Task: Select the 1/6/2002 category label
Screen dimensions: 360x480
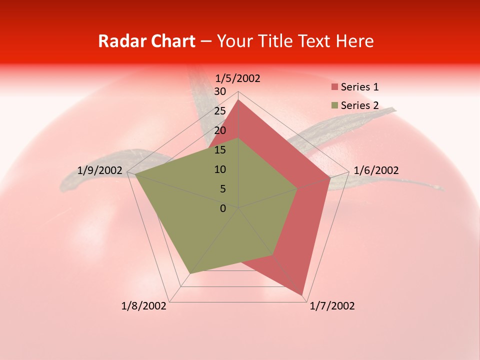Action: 376,170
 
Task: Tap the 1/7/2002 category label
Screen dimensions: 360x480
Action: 332,306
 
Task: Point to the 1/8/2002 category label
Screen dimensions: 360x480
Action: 144,306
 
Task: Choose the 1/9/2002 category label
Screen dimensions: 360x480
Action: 100,170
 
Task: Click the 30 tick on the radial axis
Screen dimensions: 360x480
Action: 220,91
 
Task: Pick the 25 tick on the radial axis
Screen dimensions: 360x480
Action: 220,111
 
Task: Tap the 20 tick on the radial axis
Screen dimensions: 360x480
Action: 220,130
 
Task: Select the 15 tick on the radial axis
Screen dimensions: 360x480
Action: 220,150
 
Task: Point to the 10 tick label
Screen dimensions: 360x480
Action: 220,169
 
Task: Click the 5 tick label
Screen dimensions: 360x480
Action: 223,189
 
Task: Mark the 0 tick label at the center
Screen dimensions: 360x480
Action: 223,208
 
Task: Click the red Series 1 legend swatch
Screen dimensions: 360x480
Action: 334,87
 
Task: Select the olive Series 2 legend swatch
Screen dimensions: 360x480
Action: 334,105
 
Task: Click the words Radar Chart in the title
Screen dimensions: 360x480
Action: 146,41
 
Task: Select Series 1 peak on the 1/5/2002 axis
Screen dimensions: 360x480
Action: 238,100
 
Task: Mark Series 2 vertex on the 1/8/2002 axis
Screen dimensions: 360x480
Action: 189,274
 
